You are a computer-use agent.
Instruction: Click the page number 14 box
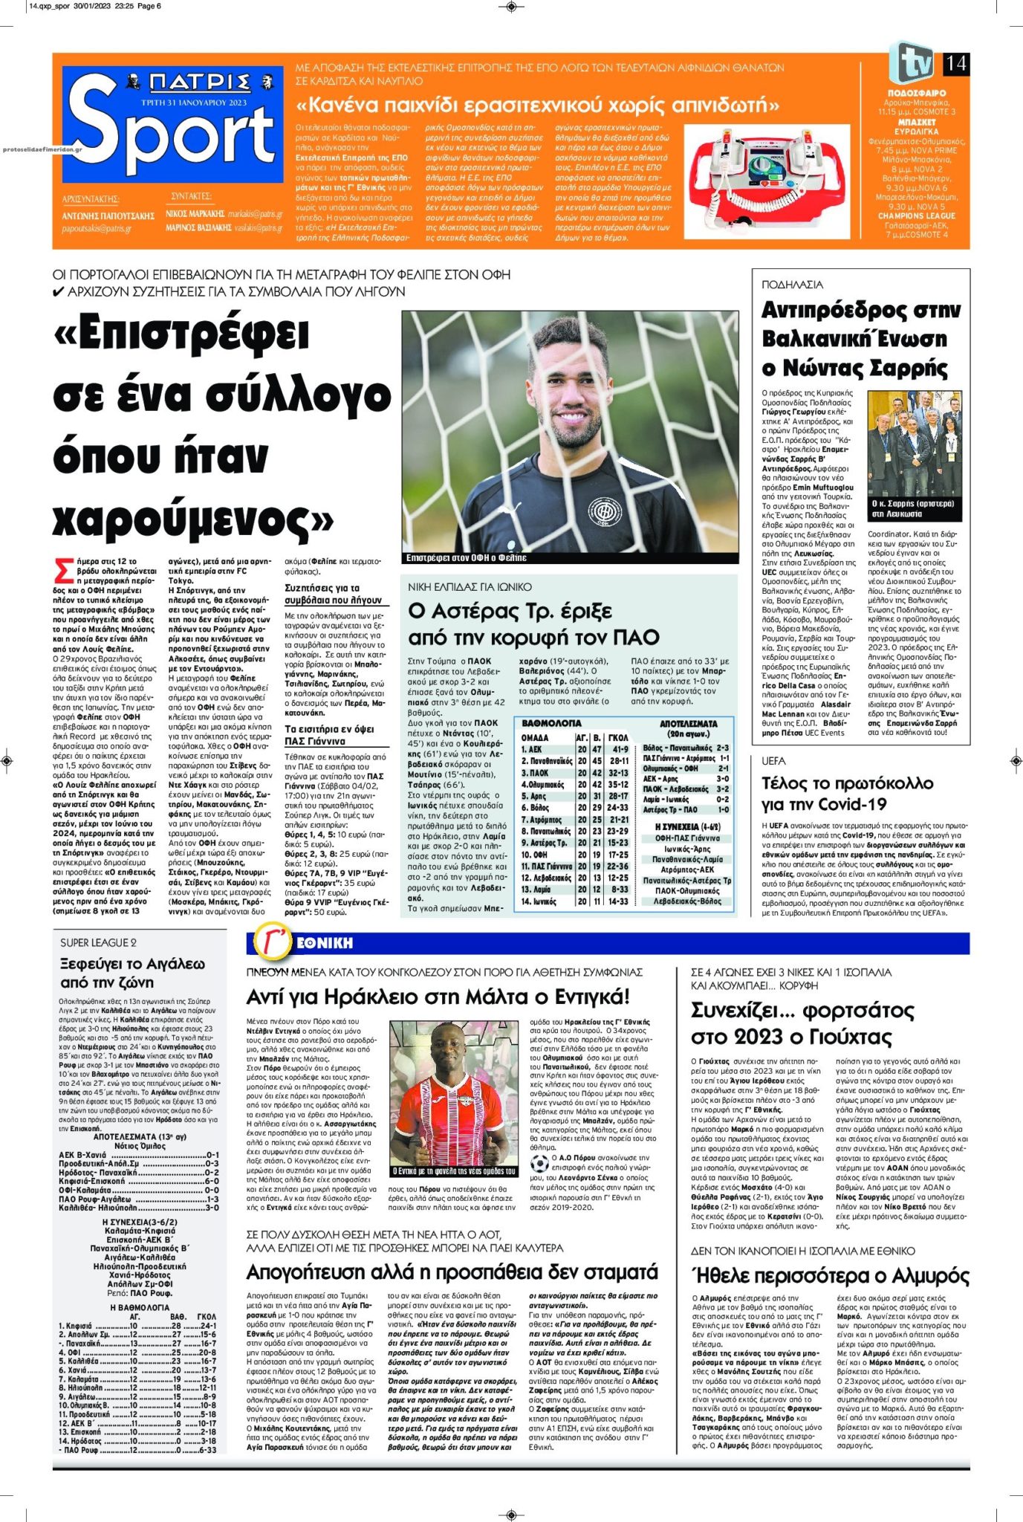955,64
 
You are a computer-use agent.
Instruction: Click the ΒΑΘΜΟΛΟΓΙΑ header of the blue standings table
551,723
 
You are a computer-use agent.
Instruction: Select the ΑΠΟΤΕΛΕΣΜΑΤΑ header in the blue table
688,723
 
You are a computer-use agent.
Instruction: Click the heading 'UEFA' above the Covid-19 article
773,761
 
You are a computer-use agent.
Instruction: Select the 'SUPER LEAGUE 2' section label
98,942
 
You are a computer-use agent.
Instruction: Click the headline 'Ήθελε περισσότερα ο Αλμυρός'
830,1276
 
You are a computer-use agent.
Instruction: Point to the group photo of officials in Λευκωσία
918,460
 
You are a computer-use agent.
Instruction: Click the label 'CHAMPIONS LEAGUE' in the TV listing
916,216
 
